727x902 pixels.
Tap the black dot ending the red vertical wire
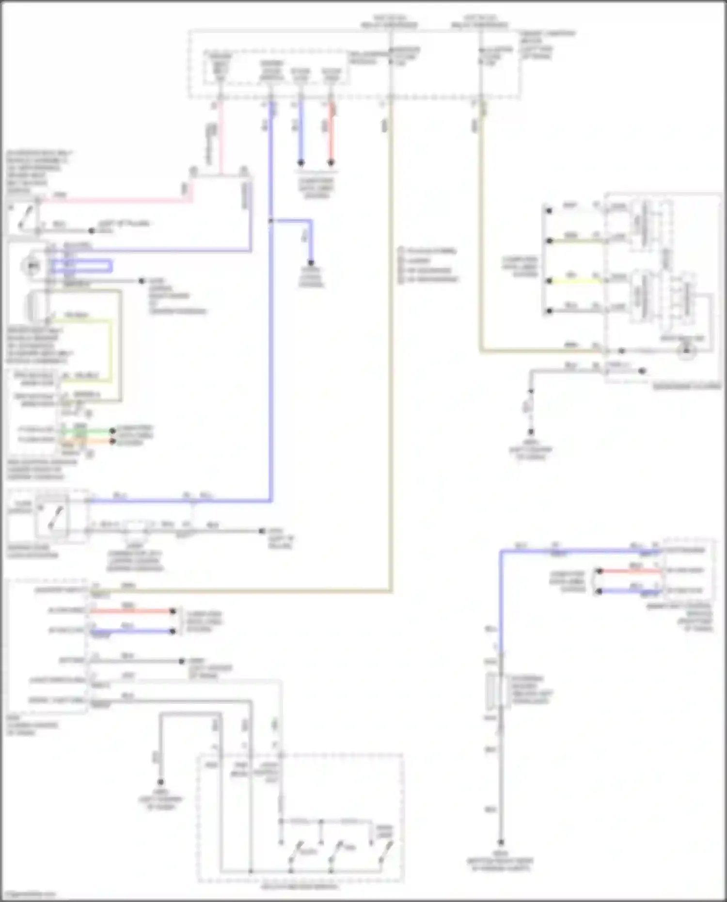click(331, 163)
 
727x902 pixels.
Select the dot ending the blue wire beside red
click(300, 163)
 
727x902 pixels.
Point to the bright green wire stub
click(87, 430)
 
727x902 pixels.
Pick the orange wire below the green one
click(87, 441)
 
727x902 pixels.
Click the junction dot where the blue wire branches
click(271, 221)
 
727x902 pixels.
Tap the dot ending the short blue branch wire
click(311, 263)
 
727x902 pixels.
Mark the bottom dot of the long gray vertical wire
click(501, 842)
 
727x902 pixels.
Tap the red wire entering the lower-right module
click(630, 571)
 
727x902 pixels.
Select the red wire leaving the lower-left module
click(131, 611)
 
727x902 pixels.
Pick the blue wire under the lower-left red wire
click(131, 631)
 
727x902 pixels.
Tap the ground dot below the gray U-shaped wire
click(160, 782)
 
